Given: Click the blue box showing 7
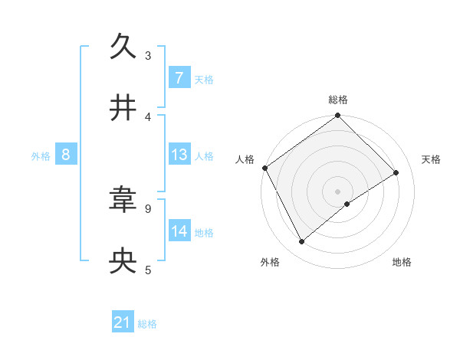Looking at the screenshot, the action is click(179, 77).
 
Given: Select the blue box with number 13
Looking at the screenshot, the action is click(179, 155).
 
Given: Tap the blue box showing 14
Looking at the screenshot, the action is click(179, 231).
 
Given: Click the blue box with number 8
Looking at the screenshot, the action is click(66, 155).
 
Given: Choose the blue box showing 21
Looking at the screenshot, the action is click(123, 323).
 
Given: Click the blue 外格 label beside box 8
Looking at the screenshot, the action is click(41, 155).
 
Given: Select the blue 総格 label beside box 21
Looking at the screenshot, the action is click(147, 324).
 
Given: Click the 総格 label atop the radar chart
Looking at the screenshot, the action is click(338, 100).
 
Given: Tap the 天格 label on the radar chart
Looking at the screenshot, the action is click(432, 159).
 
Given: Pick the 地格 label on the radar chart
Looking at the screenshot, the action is click(402, 262).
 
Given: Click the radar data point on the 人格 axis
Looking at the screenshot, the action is click(264, 168).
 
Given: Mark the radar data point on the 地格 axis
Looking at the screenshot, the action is click(347, 204).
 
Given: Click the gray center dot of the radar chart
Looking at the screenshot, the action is click(338, 191).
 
